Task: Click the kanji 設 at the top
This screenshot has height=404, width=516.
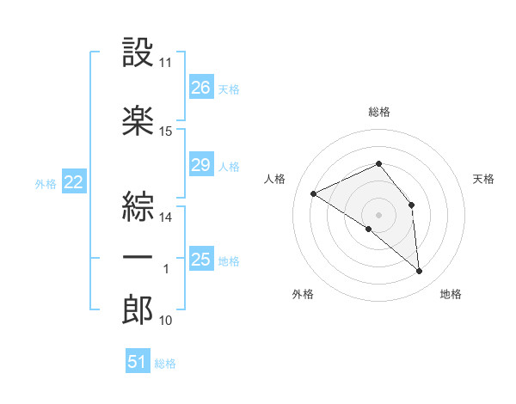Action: click(x=138, y=52)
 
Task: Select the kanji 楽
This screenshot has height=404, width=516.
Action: click(x=138, y=120)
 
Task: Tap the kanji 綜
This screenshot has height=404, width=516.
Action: click(x=138, y=206)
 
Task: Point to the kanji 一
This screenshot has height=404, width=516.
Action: click(x=138, y=258)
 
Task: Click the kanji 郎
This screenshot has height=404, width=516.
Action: click(x=138, y=309)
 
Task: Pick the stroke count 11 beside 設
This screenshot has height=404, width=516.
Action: click(x=165, y=63)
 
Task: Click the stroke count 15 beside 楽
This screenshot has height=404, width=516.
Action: click(x=165, y=132)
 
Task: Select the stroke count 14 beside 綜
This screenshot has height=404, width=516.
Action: click(x=165, y=217)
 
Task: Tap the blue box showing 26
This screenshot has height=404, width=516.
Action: click(x=201, y=86)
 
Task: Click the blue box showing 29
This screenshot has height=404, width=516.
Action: click(x=201, y=163)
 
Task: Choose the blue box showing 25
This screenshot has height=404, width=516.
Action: click(x=201, y=258)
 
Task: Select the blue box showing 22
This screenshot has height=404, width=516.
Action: click(x=74, y=181)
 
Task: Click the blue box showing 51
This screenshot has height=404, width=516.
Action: click(x=138, y=360)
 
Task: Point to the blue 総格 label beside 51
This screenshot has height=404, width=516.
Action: click(x=165, y=364)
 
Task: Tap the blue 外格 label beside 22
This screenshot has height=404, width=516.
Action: click(x=46, y=184)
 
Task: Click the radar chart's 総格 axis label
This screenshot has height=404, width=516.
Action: click(x=379, y=112)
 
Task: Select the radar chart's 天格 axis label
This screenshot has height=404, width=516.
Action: click(x=483, y=179)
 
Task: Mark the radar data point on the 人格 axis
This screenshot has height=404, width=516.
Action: click(x=314, y=193)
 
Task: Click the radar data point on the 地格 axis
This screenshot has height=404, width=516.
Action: click(x=419, y=271)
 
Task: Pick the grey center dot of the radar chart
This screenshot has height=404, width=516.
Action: click(x=378, y=215)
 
